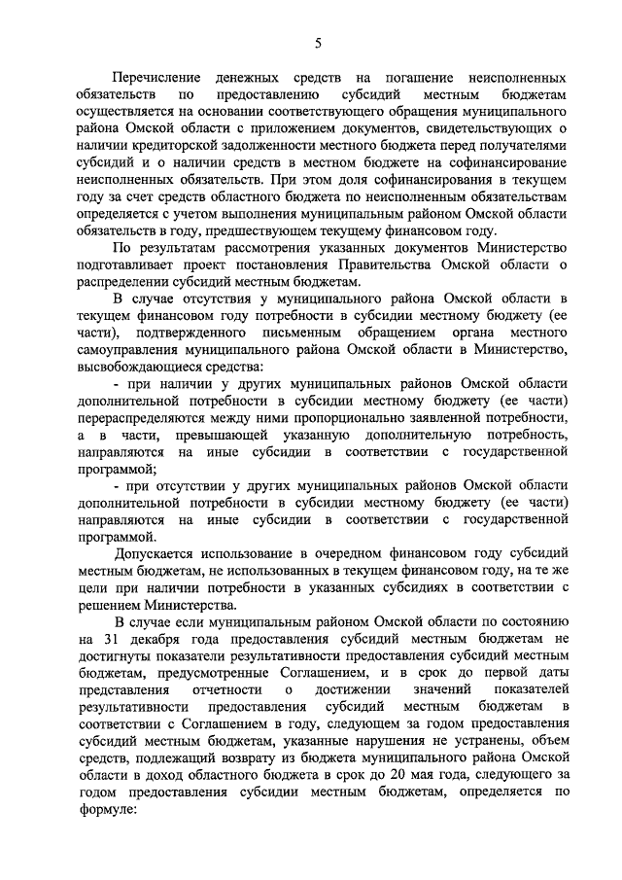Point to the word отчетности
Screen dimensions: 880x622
(225, 688)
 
